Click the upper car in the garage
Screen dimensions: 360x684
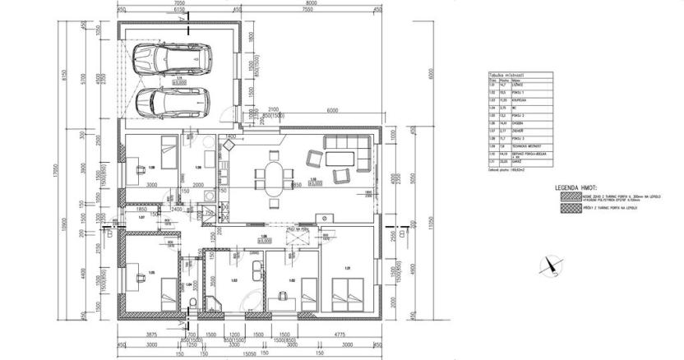point(173,58)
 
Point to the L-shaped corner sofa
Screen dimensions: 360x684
point(345,151)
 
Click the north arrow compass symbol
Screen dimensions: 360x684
point(549,264)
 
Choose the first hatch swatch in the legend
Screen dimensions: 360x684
point(567,197)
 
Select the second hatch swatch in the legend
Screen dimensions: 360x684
point(567,208)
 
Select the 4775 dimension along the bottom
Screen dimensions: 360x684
point(338,334)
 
